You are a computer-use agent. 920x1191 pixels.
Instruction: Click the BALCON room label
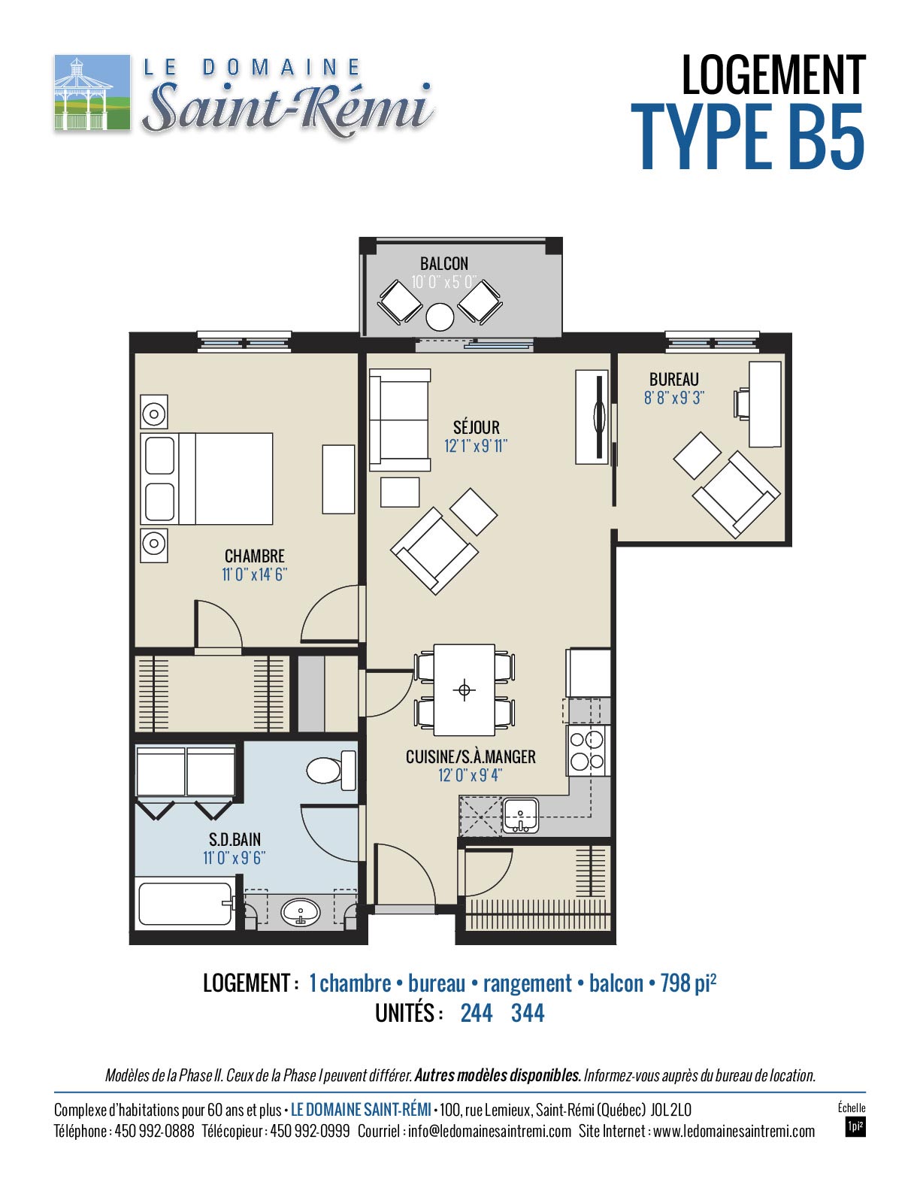click(443, 264)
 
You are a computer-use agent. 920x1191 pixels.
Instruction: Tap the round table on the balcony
click(440, 317)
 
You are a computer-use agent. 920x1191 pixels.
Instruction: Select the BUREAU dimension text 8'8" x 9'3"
click(673, 397)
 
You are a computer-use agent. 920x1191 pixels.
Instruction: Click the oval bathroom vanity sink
click(300, 913)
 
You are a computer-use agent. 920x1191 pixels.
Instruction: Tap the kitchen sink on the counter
click(521, 816)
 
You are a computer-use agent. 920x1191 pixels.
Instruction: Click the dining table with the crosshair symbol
click(464, 689)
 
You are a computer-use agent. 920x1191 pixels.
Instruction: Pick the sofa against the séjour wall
click(399, 420)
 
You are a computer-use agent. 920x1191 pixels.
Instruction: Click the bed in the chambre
click(207, 478)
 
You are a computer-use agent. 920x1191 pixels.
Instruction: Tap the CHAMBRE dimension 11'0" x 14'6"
click(254, 574)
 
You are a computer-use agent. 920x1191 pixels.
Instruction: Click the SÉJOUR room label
click(477, 427)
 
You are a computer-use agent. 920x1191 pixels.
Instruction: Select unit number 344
click(528, 1013)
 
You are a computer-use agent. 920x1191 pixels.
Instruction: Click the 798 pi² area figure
click(688, 983)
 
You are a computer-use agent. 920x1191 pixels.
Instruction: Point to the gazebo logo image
click(92, 92)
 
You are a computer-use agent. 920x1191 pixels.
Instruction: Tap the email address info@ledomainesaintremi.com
click(489, 1132)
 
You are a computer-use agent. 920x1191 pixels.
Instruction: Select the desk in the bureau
click(765, 404)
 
